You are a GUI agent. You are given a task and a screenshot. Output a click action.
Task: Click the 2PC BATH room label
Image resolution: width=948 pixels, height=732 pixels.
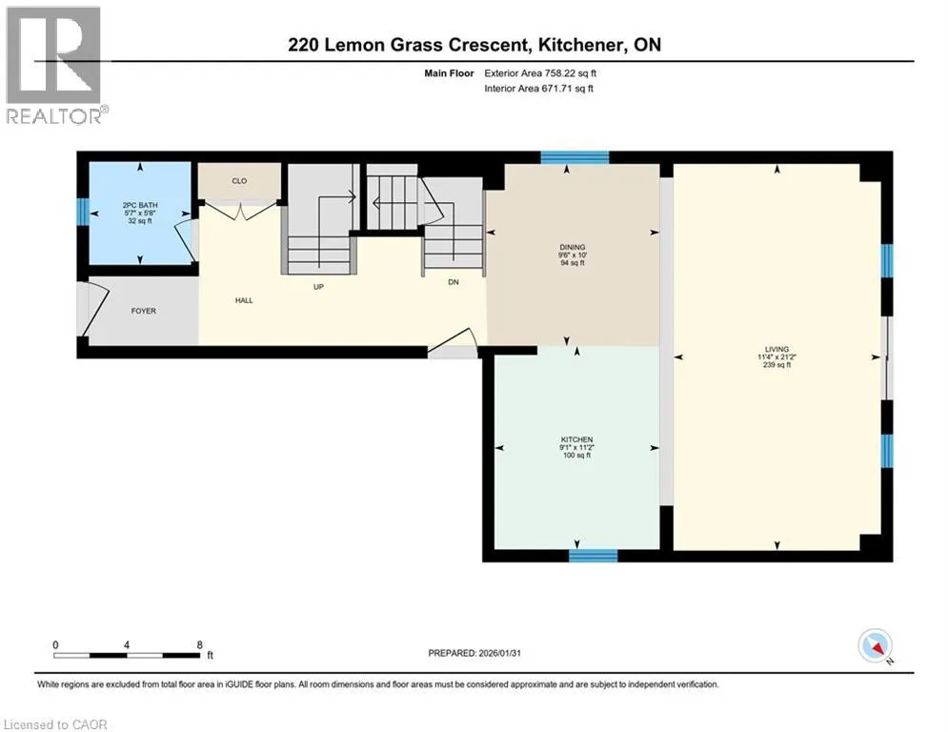click(x=140, y=205)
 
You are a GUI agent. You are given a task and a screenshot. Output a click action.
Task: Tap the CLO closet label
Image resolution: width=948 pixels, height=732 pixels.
click(x=239, y=181)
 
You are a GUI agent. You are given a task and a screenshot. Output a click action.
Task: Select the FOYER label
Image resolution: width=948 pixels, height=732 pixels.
click(x=143, y=311)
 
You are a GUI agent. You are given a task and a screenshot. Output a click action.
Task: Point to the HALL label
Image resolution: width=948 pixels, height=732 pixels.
click(x=244, y=300)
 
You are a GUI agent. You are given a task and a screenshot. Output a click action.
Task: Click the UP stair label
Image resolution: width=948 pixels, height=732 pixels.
click(x=318, y=287)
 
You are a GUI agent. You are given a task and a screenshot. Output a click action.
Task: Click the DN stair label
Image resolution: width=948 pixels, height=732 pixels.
click(x=454, y=282)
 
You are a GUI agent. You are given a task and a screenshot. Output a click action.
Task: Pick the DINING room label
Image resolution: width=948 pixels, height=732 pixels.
click(x=572, y=247)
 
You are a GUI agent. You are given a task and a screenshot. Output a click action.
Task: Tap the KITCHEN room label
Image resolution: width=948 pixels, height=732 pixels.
click(x=576, y=439)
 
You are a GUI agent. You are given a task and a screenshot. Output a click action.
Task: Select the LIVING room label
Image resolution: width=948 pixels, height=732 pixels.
click(x=777, y=349)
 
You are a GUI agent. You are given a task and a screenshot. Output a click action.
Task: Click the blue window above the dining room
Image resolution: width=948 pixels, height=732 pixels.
click(x=575, y=157)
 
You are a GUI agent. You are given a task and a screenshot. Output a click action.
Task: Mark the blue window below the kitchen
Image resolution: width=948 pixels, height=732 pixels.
click(x=594, y=556)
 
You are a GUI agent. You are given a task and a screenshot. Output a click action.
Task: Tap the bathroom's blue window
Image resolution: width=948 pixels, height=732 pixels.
click(x=83, y=213)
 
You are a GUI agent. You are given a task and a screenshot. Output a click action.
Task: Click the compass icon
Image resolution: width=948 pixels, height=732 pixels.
click(x=876, y=647)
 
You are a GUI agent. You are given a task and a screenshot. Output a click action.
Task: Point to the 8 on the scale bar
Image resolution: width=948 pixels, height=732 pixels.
click(x=199, y=645)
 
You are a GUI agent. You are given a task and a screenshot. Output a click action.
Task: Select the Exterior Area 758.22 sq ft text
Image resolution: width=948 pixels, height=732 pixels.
click(x=540, y=73)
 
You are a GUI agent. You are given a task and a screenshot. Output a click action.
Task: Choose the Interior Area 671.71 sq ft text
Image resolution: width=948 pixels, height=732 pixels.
click(x=538, y=89)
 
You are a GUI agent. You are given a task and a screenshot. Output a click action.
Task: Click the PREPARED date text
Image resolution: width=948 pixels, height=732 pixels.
click(x=474, y=653)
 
